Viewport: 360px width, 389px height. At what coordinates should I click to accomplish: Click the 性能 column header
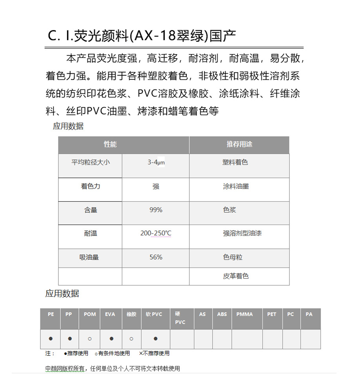[110, 144]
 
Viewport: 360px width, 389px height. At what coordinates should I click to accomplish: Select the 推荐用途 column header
[239, 144]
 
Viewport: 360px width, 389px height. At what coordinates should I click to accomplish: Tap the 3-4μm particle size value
[156, 162]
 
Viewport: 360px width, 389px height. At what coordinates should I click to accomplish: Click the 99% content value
[156, 210]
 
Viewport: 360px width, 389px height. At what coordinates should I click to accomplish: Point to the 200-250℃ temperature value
[156, 233]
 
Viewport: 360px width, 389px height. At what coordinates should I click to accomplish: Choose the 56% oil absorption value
[156, 257]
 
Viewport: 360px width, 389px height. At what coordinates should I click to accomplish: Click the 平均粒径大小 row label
[91, 162]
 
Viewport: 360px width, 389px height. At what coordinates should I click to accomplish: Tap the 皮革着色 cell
[236, 276]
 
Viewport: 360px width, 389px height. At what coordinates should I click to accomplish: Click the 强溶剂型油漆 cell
[242, 233]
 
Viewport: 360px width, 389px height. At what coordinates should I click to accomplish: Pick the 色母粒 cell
[233, 257]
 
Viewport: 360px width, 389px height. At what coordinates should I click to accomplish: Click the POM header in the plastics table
[90, 314]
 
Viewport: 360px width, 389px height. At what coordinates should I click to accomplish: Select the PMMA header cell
[245, 314]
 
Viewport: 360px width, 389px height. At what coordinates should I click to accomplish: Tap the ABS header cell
[222, 314]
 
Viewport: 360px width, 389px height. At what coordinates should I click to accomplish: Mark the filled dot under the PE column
[51, 338]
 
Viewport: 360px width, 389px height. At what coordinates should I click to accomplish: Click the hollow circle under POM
[90, 338]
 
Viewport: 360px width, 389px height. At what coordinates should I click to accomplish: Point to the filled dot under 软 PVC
[156, 338]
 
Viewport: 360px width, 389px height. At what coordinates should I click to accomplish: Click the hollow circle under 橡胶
[131, 338]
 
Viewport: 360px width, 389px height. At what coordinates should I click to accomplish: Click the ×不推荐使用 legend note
[155, 353]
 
